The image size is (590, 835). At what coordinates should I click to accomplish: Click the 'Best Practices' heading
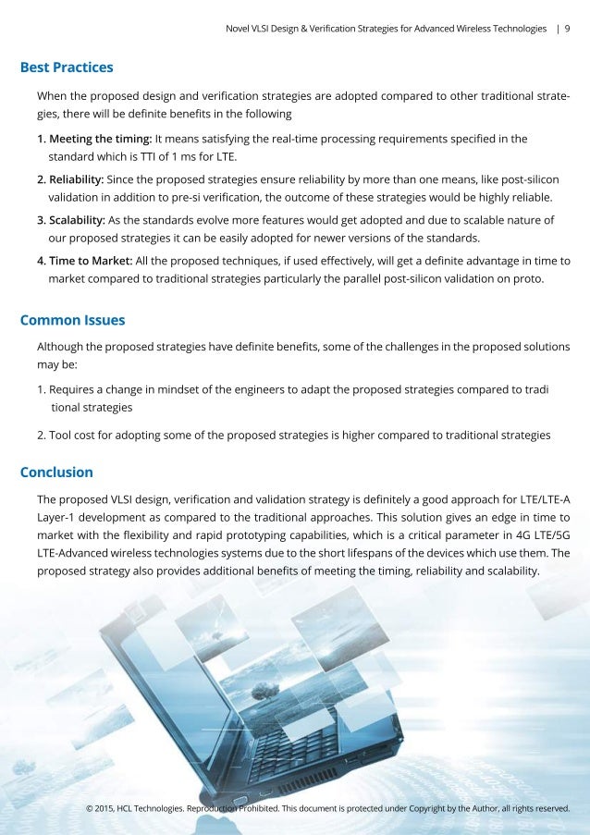click(x=67, y=68)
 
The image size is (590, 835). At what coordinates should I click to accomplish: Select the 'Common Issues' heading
click(x=72, y=320)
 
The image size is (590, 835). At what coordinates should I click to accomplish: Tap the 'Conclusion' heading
click(x=56, y=472)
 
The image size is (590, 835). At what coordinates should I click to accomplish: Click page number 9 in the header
click(x=567, y=29)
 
